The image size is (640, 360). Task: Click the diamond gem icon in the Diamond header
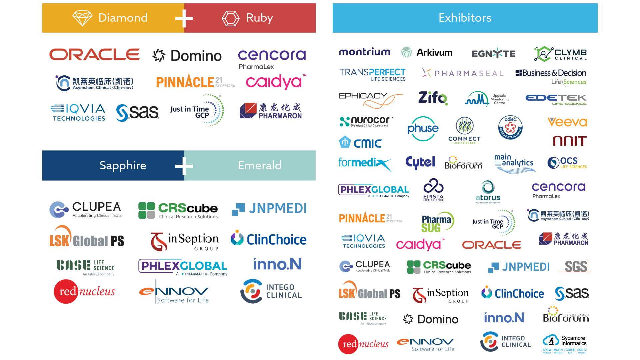[82, 18]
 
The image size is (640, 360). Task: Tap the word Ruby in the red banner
[259, 18]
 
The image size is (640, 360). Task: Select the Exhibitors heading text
[465, 18]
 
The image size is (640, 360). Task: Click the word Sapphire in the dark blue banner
[123, 165]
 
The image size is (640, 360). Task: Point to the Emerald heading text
[259, 165]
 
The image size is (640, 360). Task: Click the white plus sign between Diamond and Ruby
[184, 18]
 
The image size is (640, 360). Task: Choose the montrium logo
[364, 52]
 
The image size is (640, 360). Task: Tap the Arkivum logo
[427, 52]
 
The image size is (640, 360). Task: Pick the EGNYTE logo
[494, 53]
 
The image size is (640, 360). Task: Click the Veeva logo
[567, 122]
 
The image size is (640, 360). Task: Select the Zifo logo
[433, 98]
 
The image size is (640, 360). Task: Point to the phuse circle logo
[423, 129]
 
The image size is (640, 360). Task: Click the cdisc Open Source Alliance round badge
[510, 128]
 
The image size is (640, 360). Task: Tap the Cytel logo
[420, 163]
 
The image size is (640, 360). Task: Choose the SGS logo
[576, 267]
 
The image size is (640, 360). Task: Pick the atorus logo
[488, 192]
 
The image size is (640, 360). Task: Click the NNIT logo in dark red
[570, 141]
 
